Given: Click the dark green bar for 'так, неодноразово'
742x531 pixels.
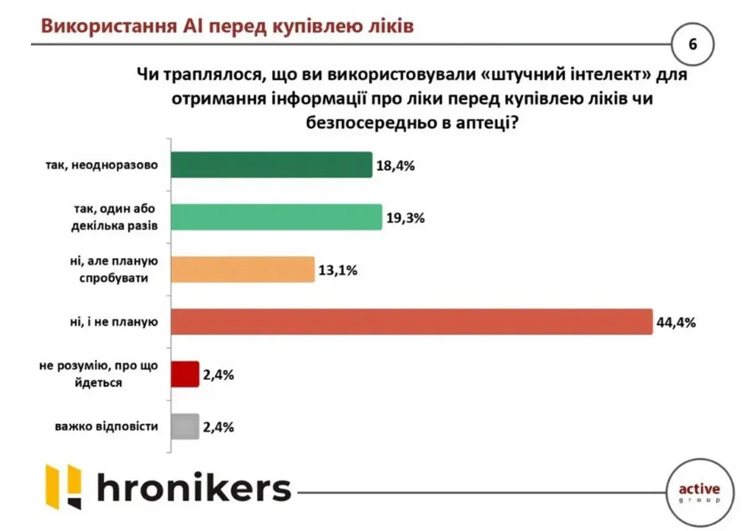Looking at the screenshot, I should tap(271, 165).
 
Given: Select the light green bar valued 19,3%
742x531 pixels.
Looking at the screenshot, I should tap(275, 218).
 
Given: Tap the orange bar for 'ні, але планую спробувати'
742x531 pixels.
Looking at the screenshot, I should tap(242, 270).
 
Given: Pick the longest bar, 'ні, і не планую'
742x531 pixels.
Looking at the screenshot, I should tap(411, 321).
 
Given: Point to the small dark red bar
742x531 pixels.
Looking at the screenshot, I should tap(184, 374).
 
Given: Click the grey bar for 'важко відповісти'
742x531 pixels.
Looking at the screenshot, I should tap(184, 426).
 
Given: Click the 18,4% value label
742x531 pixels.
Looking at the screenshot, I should tap(395, 166).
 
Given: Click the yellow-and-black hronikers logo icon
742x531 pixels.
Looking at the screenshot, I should tap(64, 486).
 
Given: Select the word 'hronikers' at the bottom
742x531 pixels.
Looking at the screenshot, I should tap(194, 488).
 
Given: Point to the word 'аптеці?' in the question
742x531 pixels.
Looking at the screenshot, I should tap(482, 123).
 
